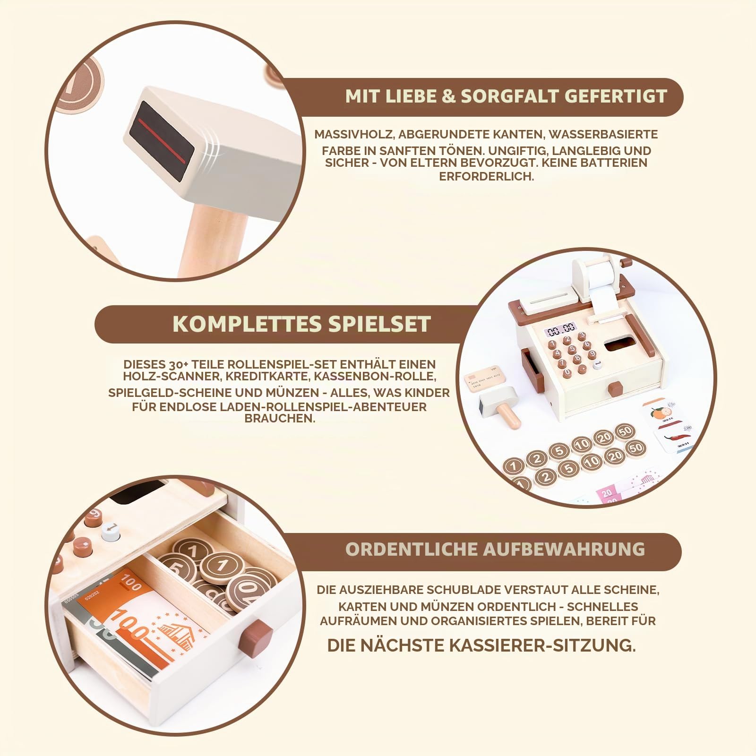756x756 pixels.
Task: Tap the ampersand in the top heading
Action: pyautogui.click(x=449, y=96)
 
